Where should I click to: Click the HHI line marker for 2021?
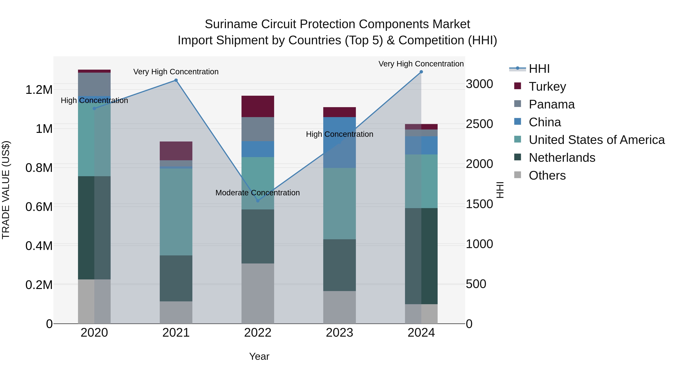tap(176, 80)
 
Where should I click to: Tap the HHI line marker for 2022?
tap(258, 201)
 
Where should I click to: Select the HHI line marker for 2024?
tap(421, 72)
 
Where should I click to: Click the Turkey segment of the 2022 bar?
tap(258, 106)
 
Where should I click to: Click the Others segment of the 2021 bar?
tap(176, 312)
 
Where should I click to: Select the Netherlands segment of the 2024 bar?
tap(421, 256)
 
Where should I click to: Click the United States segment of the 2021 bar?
tap(176, 212)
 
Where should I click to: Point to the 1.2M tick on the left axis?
tap(39, 90)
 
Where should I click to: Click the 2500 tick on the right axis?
tap(479, 124)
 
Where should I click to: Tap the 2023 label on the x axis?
tap(339, 333)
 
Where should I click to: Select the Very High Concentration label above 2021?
tap(176, 72)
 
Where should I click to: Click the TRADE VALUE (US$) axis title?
tap(6, 190)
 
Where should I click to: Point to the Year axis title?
tap(259, 356)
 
